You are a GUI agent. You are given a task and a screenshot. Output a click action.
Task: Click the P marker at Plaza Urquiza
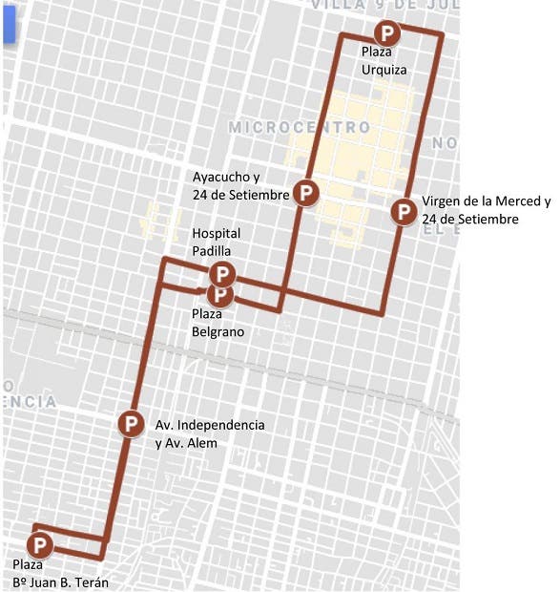[387, 32]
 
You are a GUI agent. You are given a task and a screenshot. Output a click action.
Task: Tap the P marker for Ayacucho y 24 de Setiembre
[305, 193]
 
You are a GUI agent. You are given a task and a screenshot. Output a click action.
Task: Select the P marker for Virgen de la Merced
[404, 211]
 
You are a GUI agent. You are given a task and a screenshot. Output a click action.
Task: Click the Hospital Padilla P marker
[221, 274]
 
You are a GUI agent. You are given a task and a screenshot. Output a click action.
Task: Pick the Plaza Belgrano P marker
[220, 294]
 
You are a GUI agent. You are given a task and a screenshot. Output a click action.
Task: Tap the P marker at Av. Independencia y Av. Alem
[131, 423]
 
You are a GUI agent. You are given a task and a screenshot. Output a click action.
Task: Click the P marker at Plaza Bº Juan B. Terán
[41, 546]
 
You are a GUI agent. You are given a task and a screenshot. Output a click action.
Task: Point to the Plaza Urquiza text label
[384, 60]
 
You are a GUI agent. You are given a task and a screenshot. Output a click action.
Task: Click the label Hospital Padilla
[217, 241]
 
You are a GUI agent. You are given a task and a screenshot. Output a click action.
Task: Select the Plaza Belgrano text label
[218, 324]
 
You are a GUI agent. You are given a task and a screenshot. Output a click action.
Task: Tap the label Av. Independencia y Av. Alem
[210, 433]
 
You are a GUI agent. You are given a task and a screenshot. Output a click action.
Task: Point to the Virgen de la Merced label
[485, 210]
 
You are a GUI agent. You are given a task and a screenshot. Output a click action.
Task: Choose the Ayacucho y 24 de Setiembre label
[240, 186]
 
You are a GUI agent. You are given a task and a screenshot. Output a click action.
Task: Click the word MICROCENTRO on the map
[299, 127]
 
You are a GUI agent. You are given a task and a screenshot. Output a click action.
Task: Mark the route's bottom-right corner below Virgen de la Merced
[383, 312]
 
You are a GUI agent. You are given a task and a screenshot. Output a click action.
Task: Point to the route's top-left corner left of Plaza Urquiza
[341, 35]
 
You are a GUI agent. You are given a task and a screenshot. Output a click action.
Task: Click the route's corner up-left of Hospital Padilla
[166, 260]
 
